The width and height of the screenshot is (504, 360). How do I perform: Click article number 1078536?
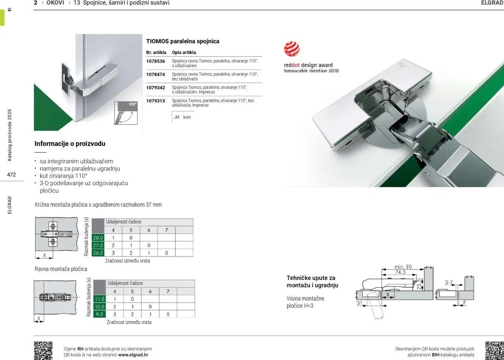click(156, 61)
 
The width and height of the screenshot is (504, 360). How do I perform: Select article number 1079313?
click(156, 101)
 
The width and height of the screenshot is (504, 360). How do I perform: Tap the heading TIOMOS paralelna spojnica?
click(183, 41)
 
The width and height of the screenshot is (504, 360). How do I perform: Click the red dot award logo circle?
click(292, 49)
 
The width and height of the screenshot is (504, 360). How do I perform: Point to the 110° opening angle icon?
click(126, 113)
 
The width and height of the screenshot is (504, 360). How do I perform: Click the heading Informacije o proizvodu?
click(70, 144)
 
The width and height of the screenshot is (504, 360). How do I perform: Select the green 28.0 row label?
click(98, 238)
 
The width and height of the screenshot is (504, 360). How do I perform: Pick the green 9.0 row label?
click(99, 314)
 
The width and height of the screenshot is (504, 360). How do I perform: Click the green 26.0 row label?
click(98, 253)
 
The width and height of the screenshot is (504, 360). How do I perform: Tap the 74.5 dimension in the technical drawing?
click(400, 272)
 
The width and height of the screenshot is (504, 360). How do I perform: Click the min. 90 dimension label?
click(403, 267)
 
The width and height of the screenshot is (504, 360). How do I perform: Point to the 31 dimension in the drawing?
click(359, 303)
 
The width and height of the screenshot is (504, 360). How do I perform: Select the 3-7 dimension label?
click(449, 282)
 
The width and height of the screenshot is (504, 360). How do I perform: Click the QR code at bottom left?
click(43, 350)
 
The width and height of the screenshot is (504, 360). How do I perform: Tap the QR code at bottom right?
click(494, 350)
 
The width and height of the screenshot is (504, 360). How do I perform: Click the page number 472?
click(11, 175)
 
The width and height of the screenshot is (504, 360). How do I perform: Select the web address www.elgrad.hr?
click(133, 355)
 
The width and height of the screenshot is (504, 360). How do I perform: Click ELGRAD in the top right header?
click(492, 3)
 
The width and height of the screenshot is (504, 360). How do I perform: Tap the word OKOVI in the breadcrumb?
click(55, 3)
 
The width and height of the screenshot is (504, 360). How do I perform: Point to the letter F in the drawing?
click(465, 303)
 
